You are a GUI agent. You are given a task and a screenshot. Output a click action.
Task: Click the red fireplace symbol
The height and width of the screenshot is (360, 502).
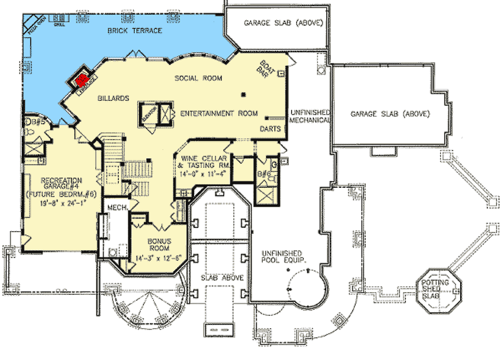click(83, 80)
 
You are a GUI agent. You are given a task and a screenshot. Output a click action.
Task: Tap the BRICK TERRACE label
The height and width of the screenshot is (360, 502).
click(134, 30)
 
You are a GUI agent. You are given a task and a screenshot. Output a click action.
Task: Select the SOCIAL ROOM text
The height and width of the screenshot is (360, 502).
click(198, 78)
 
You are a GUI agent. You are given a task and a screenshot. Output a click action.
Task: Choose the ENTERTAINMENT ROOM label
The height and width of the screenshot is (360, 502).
click(219, 114)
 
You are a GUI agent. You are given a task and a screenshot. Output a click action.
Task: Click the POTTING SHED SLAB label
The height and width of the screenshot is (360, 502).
click(438, 288)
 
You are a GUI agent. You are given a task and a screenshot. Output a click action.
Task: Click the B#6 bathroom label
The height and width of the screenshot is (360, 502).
click(264, 174)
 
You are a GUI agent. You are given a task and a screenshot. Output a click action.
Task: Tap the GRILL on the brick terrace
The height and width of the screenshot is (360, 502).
click(57, 23)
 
